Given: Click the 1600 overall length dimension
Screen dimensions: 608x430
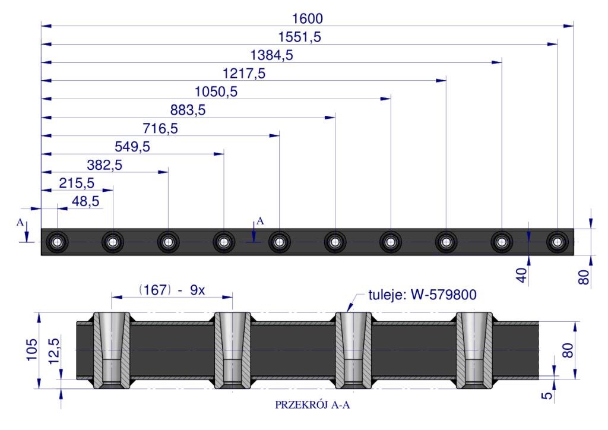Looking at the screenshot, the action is coord(307,18).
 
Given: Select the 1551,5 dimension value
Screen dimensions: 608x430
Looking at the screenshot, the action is coord(299,37).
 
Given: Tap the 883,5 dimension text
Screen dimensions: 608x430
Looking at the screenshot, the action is coord(188,110).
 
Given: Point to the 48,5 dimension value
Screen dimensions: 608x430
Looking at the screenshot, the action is coord(85,201).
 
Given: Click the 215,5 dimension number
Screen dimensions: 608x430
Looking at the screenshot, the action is coord(77,183).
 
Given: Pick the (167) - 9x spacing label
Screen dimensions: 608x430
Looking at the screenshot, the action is coord(172,290).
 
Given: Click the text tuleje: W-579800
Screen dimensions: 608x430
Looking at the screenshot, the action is coord(422,295).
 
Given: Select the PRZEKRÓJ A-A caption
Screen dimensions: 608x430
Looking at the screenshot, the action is coord(312,405).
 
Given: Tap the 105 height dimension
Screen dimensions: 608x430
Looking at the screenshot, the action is coord(32,349).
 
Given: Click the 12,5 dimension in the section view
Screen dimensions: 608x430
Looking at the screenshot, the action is coord(54,351).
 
